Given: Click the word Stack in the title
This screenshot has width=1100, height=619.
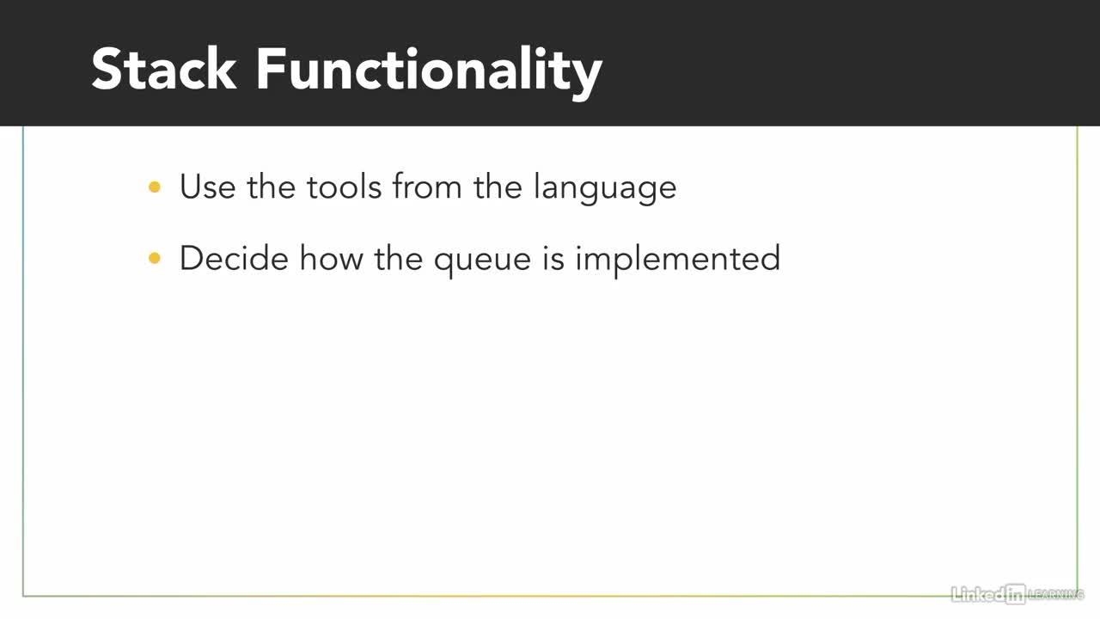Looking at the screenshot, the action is point(164,69).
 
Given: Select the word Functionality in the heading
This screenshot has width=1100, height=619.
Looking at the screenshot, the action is point(429,73).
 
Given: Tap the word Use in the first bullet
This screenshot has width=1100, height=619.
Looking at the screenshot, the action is point(207,187).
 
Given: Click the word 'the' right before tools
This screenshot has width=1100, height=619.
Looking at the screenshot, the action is point(271,187).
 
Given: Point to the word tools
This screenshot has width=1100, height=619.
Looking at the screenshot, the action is point(345,187).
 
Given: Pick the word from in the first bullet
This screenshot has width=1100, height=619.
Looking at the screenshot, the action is point(427,187).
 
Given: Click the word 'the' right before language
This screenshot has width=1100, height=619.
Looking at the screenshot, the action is point(498,187).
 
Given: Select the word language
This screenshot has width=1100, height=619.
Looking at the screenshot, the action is point(605,188).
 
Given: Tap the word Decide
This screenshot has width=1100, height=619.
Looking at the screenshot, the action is point(234,258).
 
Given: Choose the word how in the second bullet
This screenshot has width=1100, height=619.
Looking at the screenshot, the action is point(332,258).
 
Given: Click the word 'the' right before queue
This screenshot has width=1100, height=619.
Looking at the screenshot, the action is point(398,258).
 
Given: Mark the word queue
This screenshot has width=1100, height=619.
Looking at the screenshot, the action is point(482,262).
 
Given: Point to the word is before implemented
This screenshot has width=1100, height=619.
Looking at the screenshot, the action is point(553,258).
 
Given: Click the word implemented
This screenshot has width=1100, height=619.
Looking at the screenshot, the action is point(678,260).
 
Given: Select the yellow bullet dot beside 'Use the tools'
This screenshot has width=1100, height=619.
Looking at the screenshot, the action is point(155,187).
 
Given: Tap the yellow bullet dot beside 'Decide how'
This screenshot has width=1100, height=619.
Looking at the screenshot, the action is point(155,258).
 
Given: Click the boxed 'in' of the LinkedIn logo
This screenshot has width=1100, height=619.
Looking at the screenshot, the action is point(1015,594).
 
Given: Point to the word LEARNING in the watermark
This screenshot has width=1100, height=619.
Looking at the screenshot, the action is point(1056,594).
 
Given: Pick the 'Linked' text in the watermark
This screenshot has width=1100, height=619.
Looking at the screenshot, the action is point(978,594).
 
